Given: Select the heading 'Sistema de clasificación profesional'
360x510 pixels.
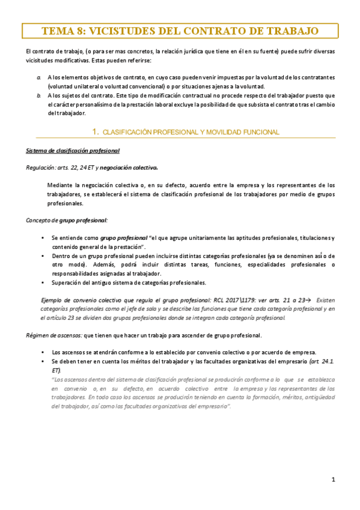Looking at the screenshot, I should pyautogui.click(x=72, y=150).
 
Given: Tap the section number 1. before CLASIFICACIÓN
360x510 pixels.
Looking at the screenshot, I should pyautogui.click(x=95, y=131).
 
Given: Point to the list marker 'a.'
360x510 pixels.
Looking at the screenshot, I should pyautogui.click(x=39, y=78).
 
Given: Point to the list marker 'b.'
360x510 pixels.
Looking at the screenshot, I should pyautogui.click(x=39, y=95).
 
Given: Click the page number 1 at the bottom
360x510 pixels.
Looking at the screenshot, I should pyautogui.click(x=333, y=479).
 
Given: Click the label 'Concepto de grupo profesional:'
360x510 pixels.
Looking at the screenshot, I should pyautogui.click(x=66, y=220).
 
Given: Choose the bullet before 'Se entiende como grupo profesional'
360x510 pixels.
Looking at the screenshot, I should pyautogui.click(x=42, y=238).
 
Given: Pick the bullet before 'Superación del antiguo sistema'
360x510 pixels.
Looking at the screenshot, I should pyautogui.click(x=42, y=282).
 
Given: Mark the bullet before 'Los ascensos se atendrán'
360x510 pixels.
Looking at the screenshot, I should pyautogui.click(x=42, y=352).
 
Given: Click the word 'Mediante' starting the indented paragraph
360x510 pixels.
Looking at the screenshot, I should pyautogui.click(x=59, y=185).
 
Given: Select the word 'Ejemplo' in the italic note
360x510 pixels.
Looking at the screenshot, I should pyautogui.click(x=52, y=300).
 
